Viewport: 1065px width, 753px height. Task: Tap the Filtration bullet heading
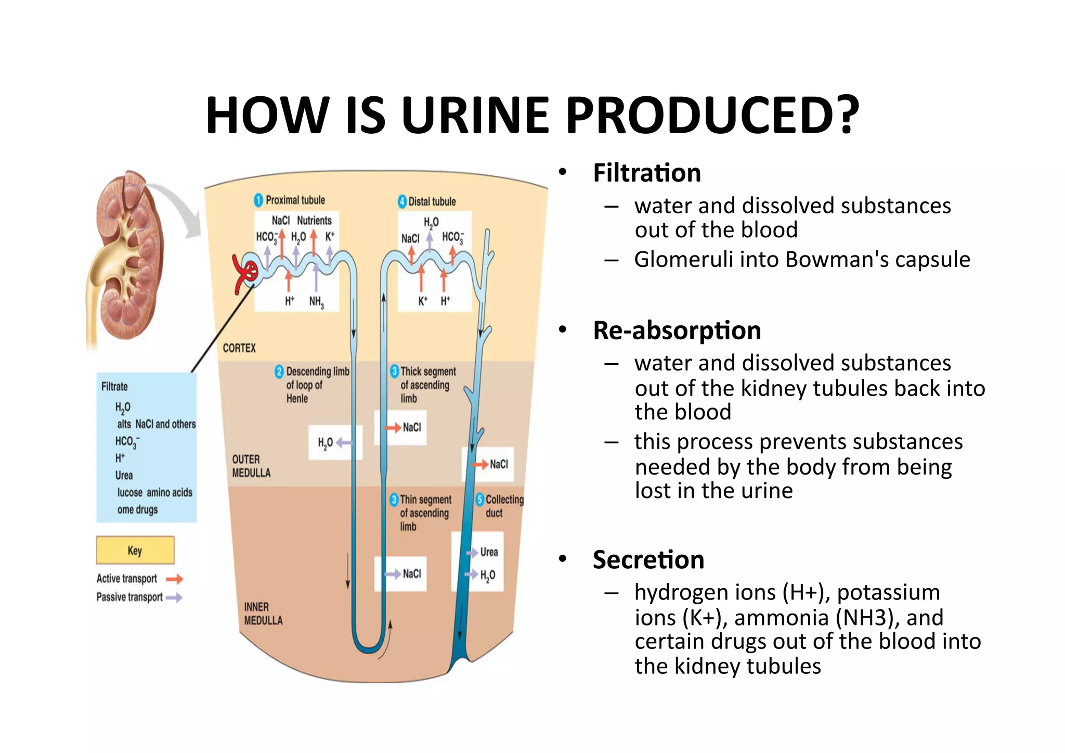click(646, 173)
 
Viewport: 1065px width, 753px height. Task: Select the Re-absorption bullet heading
click(677, 330)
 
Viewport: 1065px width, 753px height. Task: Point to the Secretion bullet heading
click(648, 560)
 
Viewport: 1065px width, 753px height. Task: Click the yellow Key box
click(135, 550)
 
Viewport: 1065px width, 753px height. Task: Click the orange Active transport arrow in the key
click(175, 579)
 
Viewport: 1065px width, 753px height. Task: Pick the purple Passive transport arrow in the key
click(175, 597)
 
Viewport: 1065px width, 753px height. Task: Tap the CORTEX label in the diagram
click(239, 348)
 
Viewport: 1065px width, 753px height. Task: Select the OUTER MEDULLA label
click(251, 466)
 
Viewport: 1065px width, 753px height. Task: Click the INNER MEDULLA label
click(263, 614)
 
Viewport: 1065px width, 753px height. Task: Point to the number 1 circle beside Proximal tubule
click(258, 200)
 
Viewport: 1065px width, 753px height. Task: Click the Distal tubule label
click(432, 201)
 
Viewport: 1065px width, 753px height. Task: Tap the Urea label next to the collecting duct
click(489, 552)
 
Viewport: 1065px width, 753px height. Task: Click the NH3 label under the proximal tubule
click(316, 302)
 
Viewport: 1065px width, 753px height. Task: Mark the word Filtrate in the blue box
click(114, 386)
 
